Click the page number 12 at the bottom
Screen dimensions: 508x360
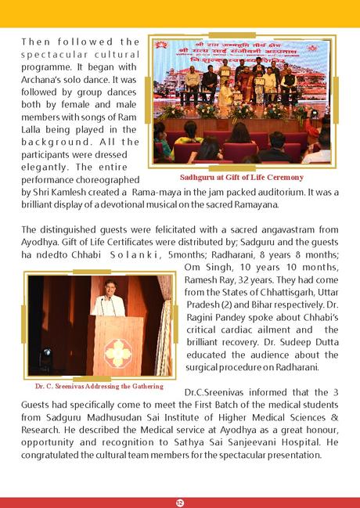179,499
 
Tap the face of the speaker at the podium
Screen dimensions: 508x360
107,286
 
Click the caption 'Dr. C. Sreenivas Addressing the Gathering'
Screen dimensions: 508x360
99,386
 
